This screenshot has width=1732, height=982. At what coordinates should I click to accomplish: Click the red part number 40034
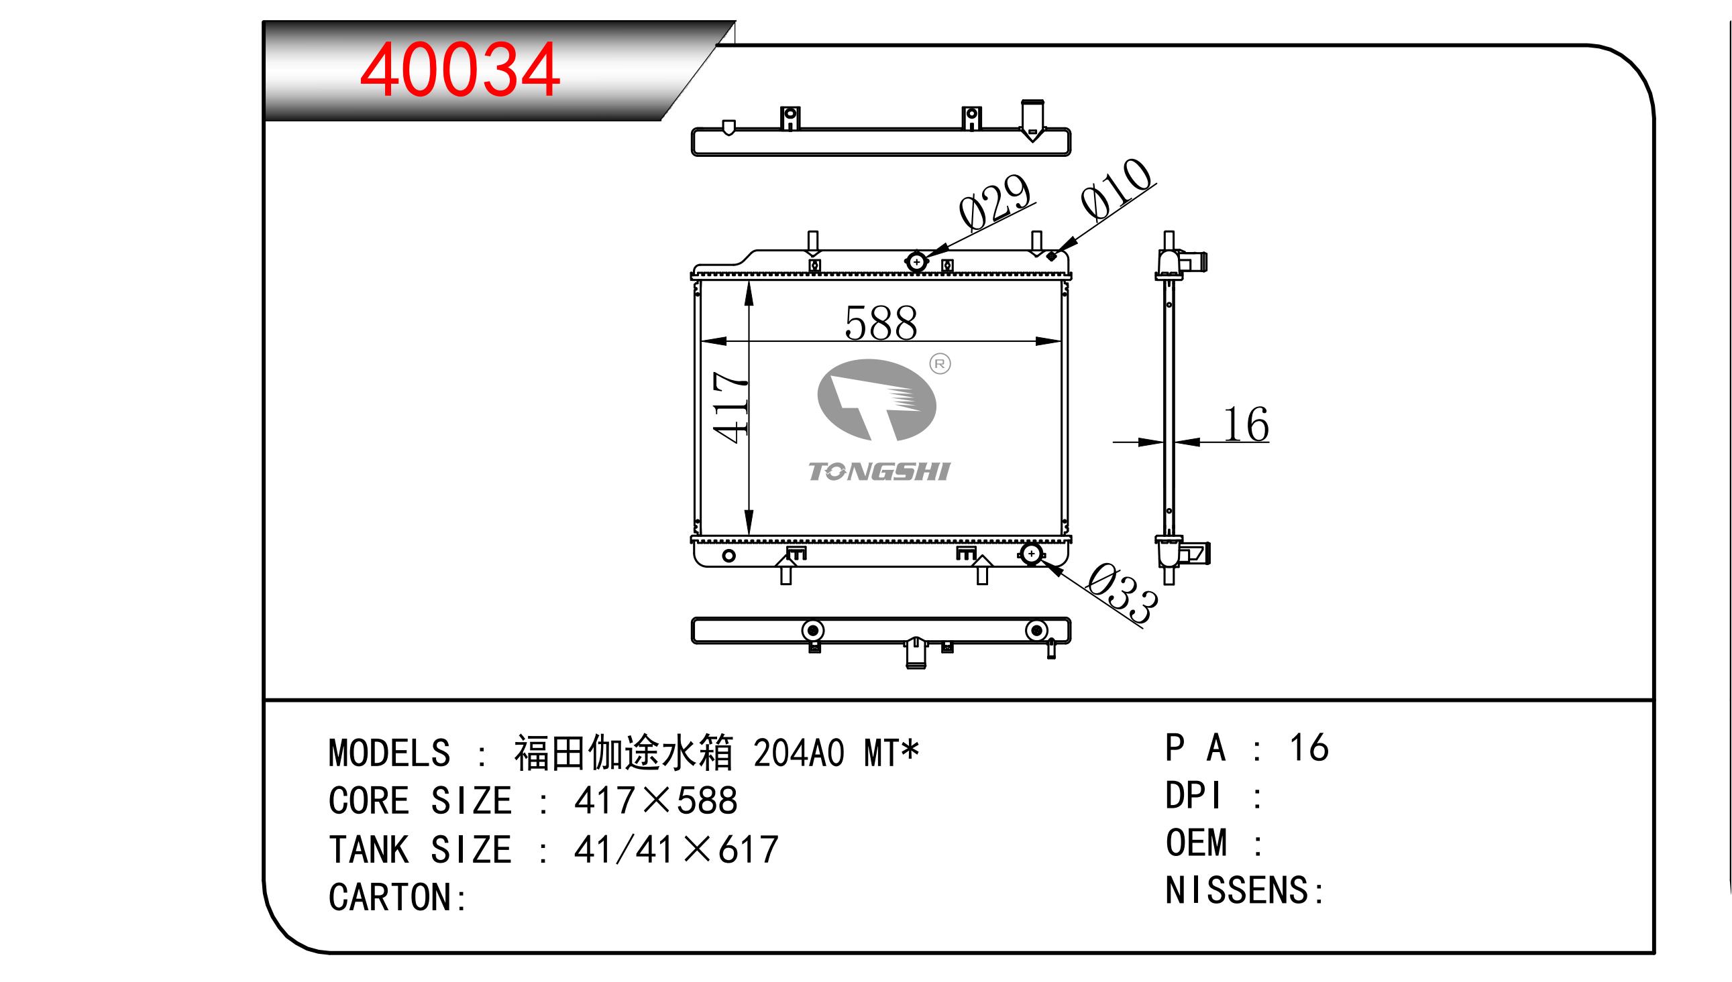(459, 70)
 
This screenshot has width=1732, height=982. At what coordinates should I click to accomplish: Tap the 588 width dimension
(881, 323)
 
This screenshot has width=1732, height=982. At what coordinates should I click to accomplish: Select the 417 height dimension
(730, 408)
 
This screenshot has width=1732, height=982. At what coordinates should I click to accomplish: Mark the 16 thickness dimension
(1246, 425)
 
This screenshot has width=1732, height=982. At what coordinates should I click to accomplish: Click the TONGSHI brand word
(879, 471)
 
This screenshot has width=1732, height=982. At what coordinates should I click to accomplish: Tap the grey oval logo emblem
(876, 400)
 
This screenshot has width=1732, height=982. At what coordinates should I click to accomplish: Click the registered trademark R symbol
(940, 364)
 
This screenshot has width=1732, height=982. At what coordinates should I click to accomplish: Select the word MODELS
(389, 753)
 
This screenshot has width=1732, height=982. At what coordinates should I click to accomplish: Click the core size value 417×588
(656, 801)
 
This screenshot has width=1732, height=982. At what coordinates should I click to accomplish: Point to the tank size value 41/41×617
(676, 849)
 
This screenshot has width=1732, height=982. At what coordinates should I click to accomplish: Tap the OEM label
(1196, 843)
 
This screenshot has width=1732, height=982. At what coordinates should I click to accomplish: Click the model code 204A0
(798, 753)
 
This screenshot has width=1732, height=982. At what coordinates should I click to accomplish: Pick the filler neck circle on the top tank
(916, 261)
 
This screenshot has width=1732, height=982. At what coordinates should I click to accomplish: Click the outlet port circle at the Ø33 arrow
(1031, 554)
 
